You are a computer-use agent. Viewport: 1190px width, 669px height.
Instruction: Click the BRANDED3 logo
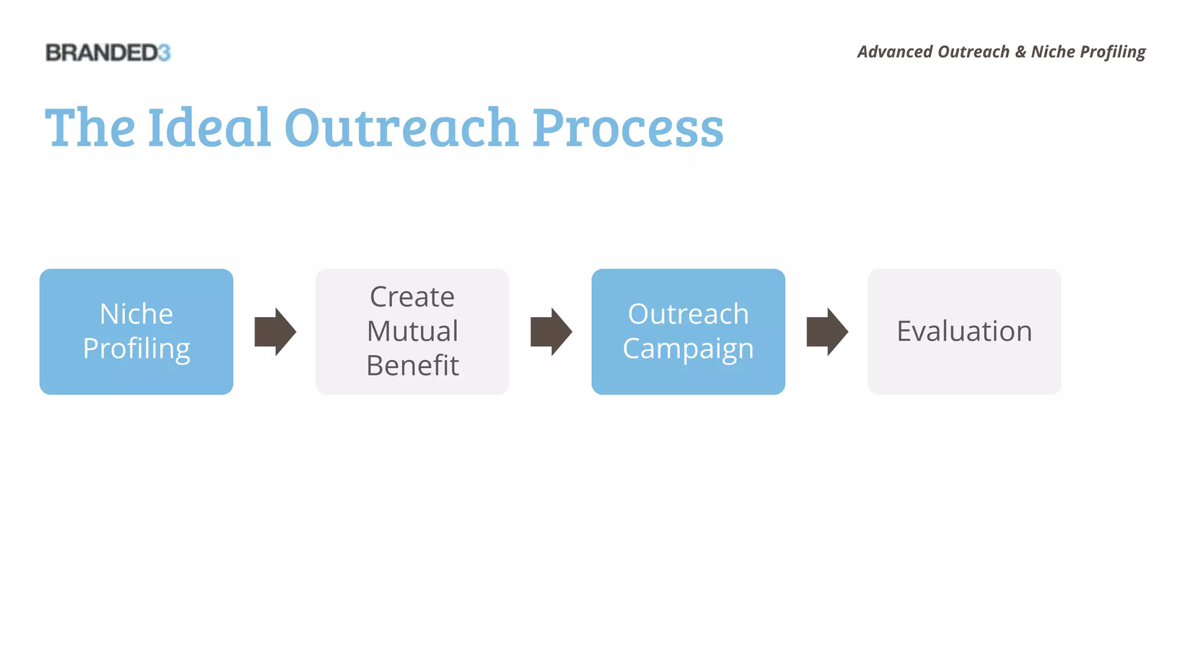(107, 53)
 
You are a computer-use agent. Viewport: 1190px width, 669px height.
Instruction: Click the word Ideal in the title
(209, 128)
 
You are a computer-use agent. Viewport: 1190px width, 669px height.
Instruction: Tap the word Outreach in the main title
(401, 128)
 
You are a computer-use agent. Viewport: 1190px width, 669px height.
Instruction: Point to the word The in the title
(90, 128)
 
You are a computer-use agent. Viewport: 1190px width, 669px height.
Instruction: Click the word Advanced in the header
(895, 52)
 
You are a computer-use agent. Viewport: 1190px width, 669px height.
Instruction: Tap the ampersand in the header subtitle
(1020, 52)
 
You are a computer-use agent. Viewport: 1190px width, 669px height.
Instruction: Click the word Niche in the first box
(136, 314)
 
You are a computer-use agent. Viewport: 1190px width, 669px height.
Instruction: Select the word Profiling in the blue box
(136, 349)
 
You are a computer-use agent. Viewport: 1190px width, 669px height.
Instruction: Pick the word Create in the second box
(412, 297)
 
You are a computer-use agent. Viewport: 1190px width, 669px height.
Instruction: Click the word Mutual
(412, 332)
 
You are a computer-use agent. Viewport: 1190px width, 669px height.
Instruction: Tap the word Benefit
(412, 366)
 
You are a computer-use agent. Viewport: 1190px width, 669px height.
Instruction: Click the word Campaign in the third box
(688, 349)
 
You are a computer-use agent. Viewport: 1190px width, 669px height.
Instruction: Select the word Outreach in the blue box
(688, 314)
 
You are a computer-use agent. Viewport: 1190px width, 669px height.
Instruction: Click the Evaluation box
(964, 332)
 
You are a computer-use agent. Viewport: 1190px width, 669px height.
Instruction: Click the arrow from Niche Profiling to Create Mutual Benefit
(275, 332)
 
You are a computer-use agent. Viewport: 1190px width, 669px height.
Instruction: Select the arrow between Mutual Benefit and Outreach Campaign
(551, 332)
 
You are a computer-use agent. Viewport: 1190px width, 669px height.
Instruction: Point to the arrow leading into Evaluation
(827, 332)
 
